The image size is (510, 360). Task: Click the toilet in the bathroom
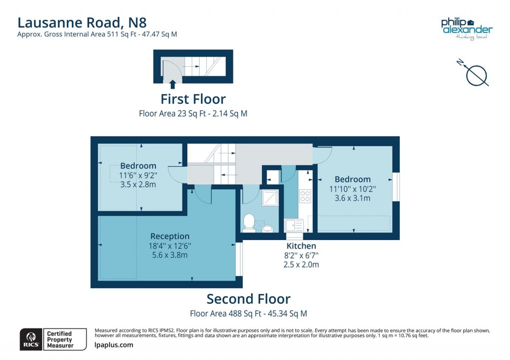click(x=249, y=222)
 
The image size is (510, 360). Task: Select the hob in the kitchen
click(x=305, y=196)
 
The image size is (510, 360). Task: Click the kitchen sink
click(x=294, y=225)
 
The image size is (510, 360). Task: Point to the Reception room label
click(x=170, y=236)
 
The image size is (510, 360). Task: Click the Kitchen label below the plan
click(x=301, y=246)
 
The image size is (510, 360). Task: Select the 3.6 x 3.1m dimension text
click(x=353, y=198)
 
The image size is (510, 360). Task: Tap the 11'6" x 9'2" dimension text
click(x=138, y=175)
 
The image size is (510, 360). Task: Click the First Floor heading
click(x=193, y=99)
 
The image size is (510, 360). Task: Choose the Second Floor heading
click(x=248, y=299)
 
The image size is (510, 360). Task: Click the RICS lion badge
click(x=30, y=340)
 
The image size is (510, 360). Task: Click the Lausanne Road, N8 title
click(x=82, y=22)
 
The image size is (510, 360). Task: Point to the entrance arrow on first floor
click(x=173, y=84)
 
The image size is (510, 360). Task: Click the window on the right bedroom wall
click(x=396, y=187)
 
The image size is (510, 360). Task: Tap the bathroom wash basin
click(x=268, y=229)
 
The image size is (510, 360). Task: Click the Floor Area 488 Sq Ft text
click(x=248, y=314)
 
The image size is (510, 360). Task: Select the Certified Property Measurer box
click(x=59, y=340)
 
